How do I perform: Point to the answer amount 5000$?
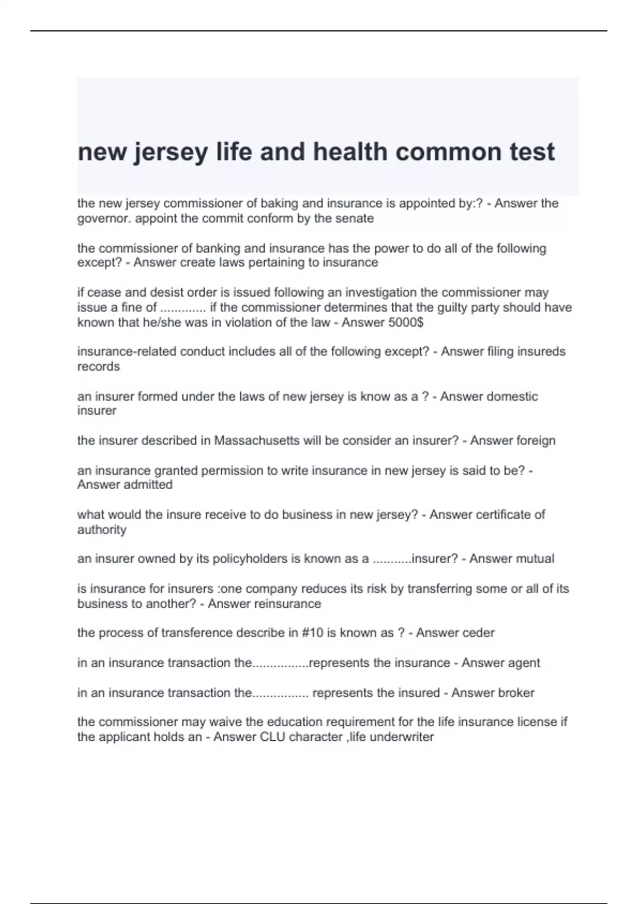[x=406, y=322]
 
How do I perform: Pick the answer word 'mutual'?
[x=535, y=559]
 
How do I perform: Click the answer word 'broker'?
[x=515, y=693]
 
